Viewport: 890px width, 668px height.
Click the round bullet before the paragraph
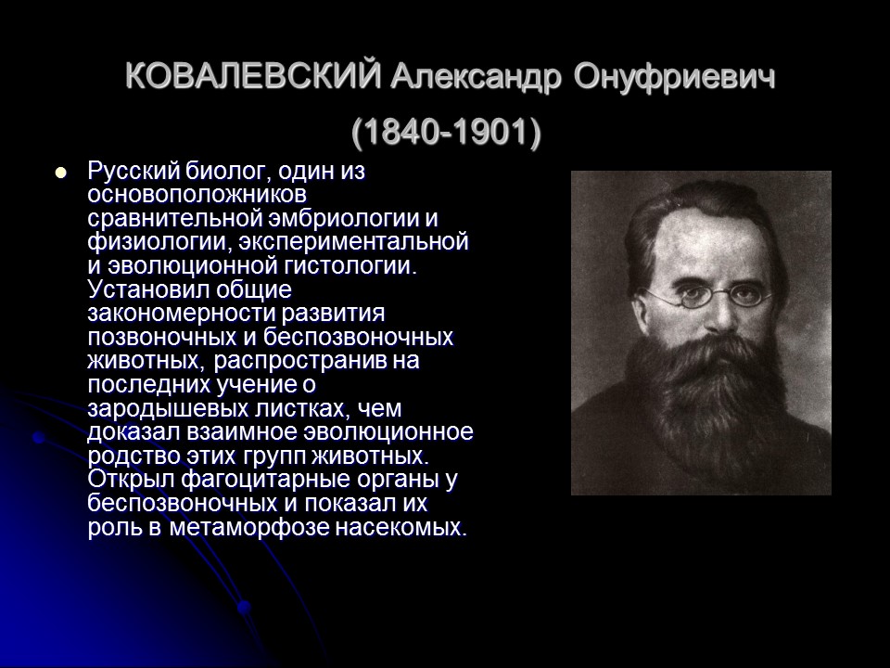pyautogui.click(x=62, y=173)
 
